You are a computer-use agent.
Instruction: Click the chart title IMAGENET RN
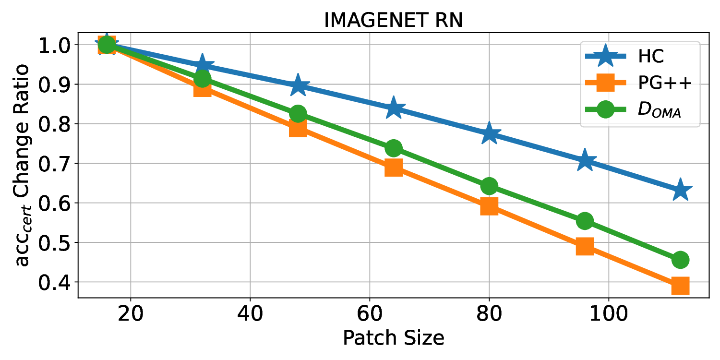(x=393, y=21)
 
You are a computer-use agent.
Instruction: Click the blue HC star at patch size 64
(x=393, y=108)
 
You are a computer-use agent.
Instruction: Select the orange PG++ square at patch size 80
(x=489, y=206)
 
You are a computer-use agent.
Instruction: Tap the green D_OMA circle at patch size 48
(x=298, y=114)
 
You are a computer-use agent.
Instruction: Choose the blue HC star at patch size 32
(x=202, y=66)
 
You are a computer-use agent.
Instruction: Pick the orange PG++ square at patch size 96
(x=585, y=246)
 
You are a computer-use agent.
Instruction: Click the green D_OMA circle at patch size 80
(x=489, y=186)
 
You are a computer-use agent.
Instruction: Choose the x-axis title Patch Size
(x=393, y=338)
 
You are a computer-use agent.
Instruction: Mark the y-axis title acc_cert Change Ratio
(x=23, y=163)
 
